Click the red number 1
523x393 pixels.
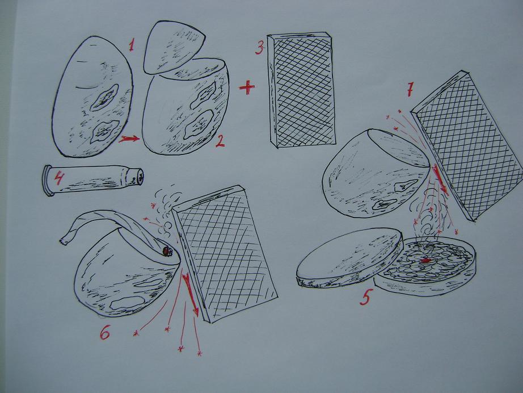pos(131,45)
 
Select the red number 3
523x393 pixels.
pos(260,47)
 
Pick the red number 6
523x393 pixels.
pos(105,332)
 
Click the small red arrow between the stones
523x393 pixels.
pos(128,139)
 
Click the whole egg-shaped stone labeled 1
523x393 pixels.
pos(94,97)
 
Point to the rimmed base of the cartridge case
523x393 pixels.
pos(48,180)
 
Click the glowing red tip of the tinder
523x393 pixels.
pos(167,250)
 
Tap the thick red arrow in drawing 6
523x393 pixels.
pos(190,292)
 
